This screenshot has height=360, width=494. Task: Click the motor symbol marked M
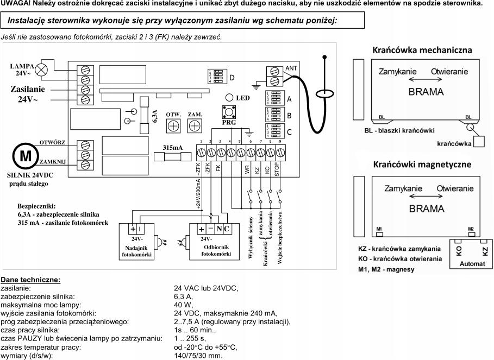pos(26,155)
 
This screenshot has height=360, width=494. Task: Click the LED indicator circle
pos(228,98)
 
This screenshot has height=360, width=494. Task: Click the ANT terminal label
pos(291,69)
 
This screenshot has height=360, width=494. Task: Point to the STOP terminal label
pos(277,169)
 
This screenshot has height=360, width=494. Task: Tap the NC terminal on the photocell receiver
pos(223,229)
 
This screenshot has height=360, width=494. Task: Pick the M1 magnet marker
pos(379,230)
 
